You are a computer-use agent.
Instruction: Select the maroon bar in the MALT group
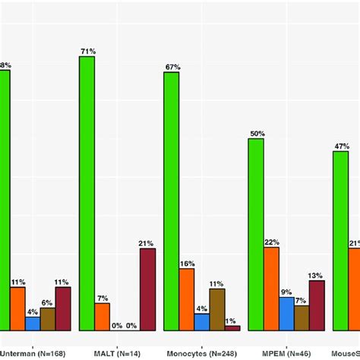point(147,289)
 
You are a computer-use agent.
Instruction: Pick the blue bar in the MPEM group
point(286,314)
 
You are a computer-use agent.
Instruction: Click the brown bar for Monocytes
point(217,309)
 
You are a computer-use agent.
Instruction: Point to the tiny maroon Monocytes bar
point(232,328)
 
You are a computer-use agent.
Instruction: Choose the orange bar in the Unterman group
point(17,308)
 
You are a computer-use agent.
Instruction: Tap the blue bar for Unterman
point(33,324)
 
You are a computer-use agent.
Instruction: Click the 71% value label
point(87,51)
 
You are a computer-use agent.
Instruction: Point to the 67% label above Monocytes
point(172,67)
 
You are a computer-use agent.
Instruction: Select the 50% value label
point(257,134)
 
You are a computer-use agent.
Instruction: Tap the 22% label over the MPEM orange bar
point(272,242)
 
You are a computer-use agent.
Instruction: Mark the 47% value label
point(341,146)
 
